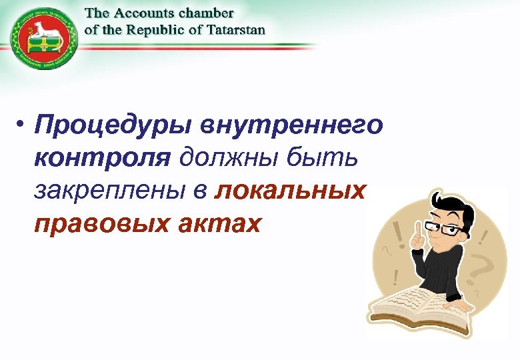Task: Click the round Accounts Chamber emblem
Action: [43, 42]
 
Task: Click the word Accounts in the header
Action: [147, 13]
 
